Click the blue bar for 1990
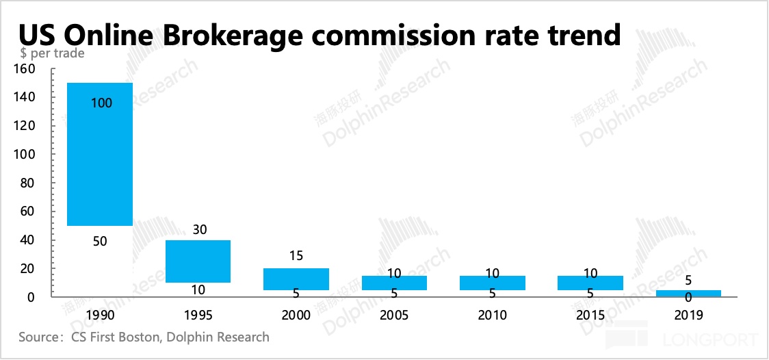click(x=99, y=154)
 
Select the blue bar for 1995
click(x=198, y=261)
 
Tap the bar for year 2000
click(x=296, y=279)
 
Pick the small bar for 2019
click(x=688, y=293)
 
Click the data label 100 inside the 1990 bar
click(x=100, y=103)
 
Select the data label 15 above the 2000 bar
click(x=296, y=256)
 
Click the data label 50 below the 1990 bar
click(x=100, y=241)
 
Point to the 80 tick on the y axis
click(x=27, y=183)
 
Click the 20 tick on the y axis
click(x=27, y=269)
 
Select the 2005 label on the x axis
click(x=394, y=316)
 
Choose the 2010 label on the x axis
click(x=492, y=316)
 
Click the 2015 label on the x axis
click(x=590, y=316)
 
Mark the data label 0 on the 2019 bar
click(x=688, y=298)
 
